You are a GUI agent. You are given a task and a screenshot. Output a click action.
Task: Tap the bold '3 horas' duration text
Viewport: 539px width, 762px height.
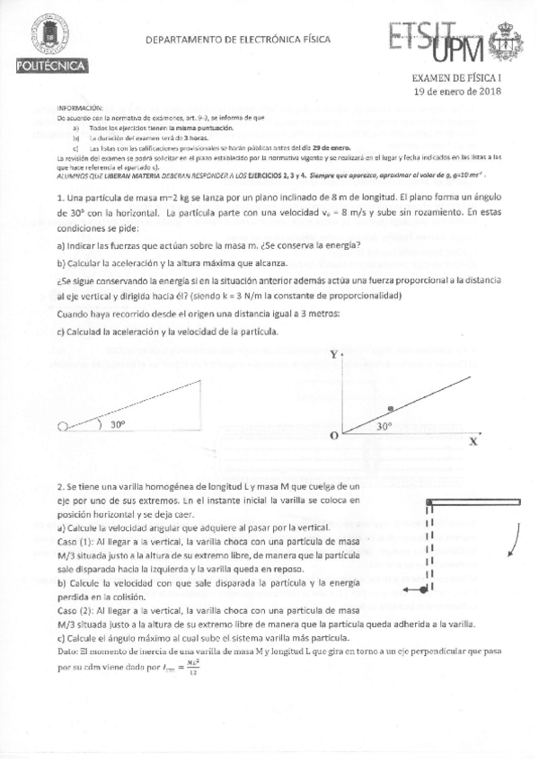pos(172,138)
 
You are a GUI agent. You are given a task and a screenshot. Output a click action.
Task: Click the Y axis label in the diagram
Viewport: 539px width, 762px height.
pos(334,355)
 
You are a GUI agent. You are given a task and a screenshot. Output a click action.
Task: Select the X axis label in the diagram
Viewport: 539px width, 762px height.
pos(473,442)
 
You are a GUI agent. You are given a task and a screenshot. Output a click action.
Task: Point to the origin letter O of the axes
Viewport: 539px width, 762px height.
pos(333,435)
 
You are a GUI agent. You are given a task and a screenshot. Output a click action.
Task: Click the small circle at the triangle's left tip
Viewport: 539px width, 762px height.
pos(62,428)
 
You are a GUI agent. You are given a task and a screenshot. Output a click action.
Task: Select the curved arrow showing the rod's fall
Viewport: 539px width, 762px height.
pos(514,541)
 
